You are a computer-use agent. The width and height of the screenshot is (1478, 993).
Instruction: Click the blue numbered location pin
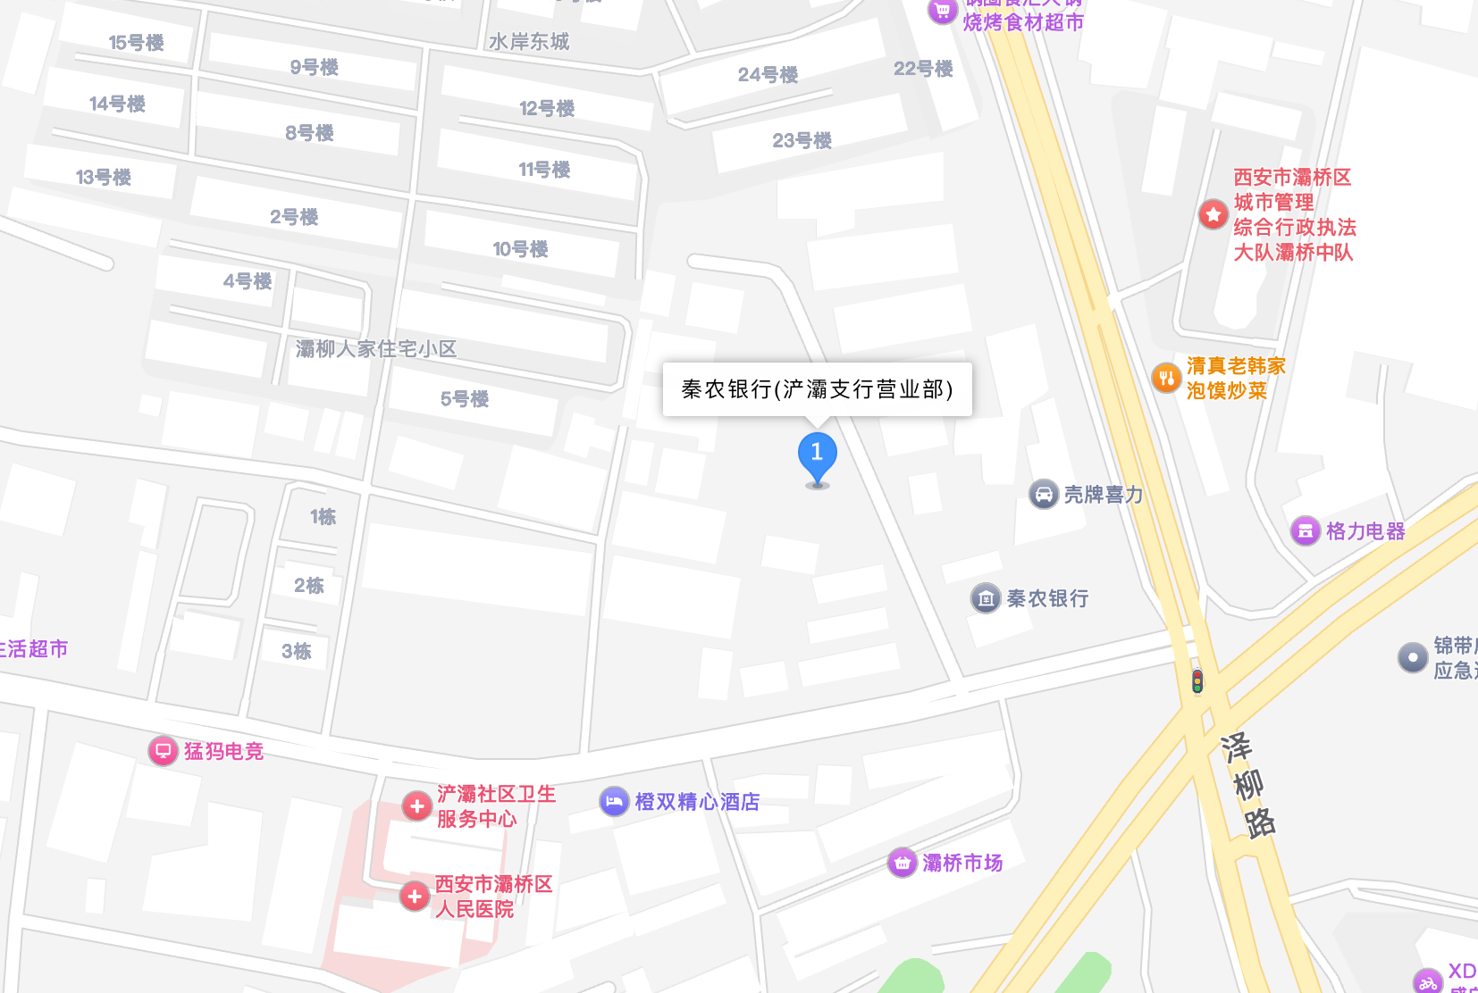point(817,455)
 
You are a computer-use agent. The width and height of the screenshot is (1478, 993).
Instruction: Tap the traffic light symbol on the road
point(1197,681)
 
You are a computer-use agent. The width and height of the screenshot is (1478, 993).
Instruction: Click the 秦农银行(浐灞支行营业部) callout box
point(817,389)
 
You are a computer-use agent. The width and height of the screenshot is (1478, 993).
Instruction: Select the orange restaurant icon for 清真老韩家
point(1166,379)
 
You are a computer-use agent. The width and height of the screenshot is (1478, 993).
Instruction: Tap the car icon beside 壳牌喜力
point(1044,494)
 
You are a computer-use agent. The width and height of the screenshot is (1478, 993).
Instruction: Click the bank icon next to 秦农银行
point(986,598)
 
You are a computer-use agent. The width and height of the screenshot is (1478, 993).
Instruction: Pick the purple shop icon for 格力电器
point(1306,531)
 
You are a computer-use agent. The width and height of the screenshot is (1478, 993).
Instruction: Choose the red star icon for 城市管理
point(1213,214)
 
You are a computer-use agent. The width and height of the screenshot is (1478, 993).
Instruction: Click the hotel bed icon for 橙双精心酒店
point(614,801)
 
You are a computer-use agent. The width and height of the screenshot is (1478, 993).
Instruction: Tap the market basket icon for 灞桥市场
point(903,863)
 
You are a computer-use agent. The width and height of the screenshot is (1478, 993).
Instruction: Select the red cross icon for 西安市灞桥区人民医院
point(415,896)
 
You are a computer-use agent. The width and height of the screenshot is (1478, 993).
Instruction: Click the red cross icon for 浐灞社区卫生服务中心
point(416,805)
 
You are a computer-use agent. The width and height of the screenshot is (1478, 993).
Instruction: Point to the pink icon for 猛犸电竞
point(163,750)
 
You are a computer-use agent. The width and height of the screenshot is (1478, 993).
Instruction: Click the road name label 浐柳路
point(1248,786)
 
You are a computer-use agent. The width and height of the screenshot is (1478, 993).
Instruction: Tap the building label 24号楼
point(768,75)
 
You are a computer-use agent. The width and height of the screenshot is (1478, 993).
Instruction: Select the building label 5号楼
point(465,399)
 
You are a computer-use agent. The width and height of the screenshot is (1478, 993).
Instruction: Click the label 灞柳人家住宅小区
point(376,349)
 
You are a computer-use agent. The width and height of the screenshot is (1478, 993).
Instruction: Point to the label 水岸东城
point(528,42)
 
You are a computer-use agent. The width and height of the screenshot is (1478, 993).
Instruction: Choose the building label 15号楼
point(136,43)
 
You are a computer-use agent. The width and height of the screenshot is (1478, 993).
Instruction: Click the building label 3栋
point(297,652)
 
